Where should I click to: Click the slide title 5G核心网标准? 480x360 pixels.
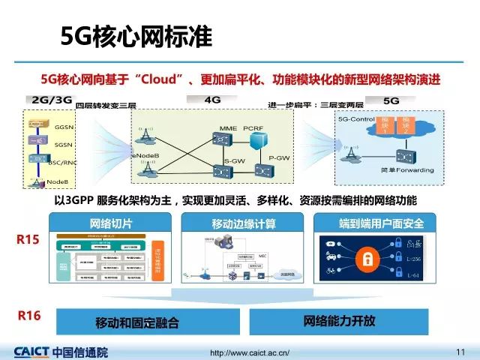136,35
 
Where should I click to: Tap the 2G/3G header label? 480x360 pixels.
51,100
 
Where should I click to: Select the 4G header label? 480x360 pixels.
212,99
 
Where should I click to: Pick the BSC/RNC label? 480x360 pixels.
62,161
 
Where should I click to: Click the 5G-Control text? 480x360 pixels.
356,120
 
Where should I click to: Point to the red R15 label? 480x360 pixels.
28,239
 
